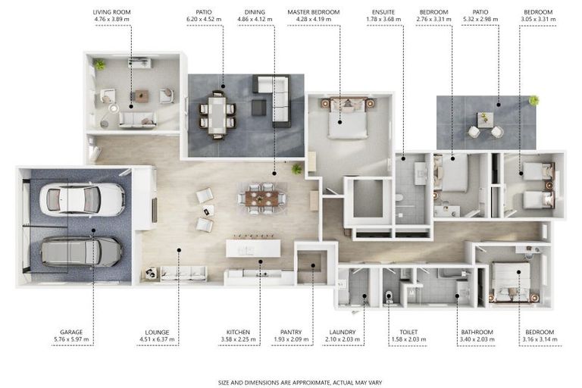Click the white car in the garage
coord(82,199)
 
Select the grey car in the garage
coord(81,252)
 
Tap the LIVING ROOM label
coord(111,12)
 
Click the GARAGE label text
coord(71,333)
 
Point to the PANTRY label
coord(291,333)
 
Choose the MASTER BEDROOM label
coord(314,12)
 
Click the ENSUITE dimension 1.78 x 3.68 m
coord(383,19)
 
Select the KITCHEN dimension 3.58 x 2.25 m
coord(238,339)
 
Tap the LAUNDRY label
coord(343,333)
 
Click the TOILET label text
coord(408,333)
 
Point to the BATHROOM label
coord(477,333)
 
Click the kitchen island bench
coord(253,248)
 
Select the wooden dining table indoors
coord(261,199)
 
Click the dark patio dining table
coord(217,115)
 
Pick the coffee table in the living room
coord(142,95)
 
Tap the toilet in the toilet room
coord(389,296)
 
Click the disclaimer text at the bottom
coord(300,383)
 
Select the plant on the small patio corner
coord(533,100)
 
